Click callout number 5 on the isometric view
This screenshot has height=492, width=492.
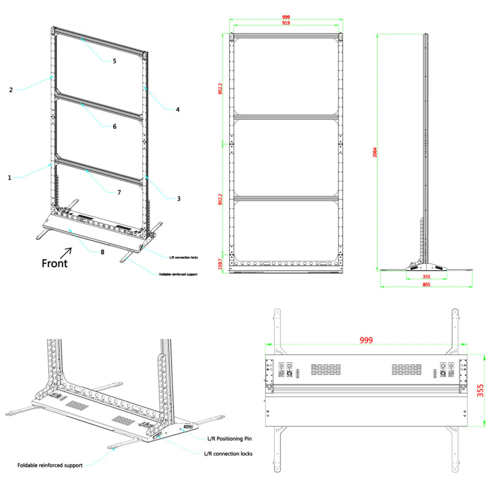point(114,61)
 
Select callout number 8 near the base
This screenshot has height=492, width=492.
point(102,252)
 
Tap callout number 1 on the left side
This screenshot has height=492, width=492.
point(9,178)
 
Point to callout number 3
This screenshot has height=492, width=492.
point(179,199)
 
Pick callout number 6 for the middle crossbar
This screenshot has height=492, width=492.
point(114,126)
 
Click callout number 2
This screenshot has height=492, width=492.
point(10,90)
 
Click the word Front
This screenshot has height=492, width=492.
point(55,263)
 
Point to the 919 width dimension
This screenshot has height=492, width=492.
point(285,23)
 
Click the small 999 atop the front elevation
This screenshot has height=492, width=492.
point(285,17)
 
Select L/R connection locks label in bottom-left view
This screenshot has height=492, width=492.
point(228,454)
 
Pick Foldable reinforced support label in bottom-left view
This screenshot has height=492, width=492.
point(50,465)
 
